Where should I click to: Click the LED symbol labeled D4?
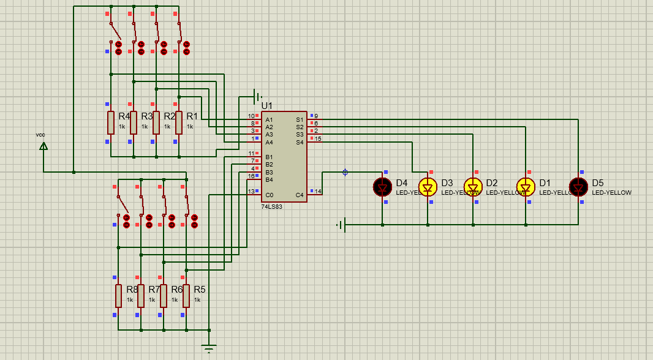[382, 187]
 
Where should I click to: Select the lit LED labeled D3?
[428, 187]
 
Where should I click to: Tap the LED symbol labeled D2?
[473, 187]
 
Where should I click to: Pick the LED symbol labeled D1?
[526, 187]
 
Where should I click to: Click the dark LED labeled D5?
[578, 187]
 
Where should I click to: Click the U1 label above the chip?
[267, 106]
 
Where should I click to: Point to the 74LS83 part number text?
[271, 207]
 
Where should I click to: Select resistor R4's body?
[111, 122]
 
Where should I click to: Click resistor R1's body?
[179, 122]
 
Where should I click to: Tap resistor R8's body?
[118, 296]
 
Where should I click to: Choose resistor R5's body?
[186, 296]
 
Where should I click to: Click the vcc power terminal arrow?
[43, 146]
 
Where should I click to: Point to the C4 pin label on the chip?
[300, 195]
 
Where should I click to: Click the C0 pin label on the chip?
[270, 195]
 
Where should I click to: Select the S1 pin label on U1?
[300, 119]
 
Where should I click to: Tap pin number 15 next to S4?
[318, 139]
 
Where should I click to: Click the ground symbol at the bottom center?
[209, 349]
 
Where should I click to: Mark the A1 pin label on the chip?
[270, 119]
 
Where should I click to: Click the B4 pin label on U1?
[270, 179]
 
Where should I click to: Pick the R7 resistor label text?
[154, 289]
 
